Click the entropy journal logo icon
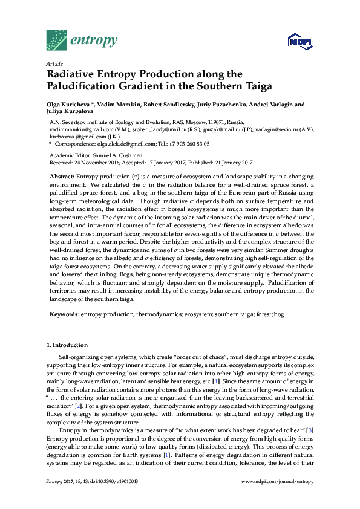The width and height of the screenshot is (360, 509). pyautogui.click(x=56, y=40)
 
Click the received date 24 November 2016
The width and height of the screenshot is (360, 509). pyautogui.click(x=99, y=163)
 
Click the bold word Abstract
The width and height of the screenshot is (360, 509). pyautogui.click(x=62, y=175)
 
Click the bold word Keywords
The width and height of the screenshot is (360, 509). pyautogui.click(x=64, y=315)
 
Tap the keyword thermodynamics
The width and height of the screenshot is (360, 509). pyautogui.click(x=151, y=315)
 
